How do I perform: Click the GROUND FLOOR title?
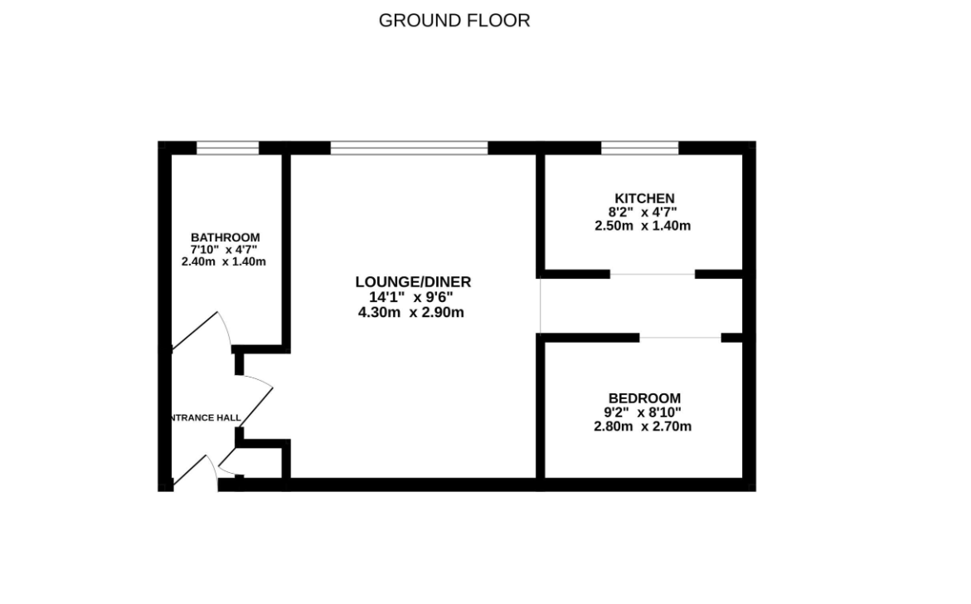tap(454, 21)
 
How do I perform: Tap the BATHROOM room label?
tap(225, 237)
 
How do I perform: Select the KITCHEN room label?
tap(644, 198)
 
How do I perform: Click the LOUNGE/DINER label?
tap(413, 282)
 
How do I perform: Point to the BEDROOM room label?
tap(644, 398)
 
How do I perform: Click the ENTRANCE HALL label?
tap(205, 417)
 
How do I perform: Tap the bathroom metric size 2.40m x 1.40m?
tap(224, 261)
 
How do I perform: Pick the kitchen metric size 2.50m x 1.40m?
tap(643, 225)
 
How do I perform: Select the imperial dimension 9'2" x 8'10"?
tap(644, 412)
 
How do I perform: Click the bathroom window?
tap(228, 149)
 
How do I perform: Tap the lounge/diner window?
tap(409, 149)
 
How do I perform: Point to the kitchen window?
tap(640, 149)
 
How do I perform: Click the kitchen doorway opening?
tap(653, 274)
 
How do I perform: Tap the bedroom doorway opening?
tap(680, 338)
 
